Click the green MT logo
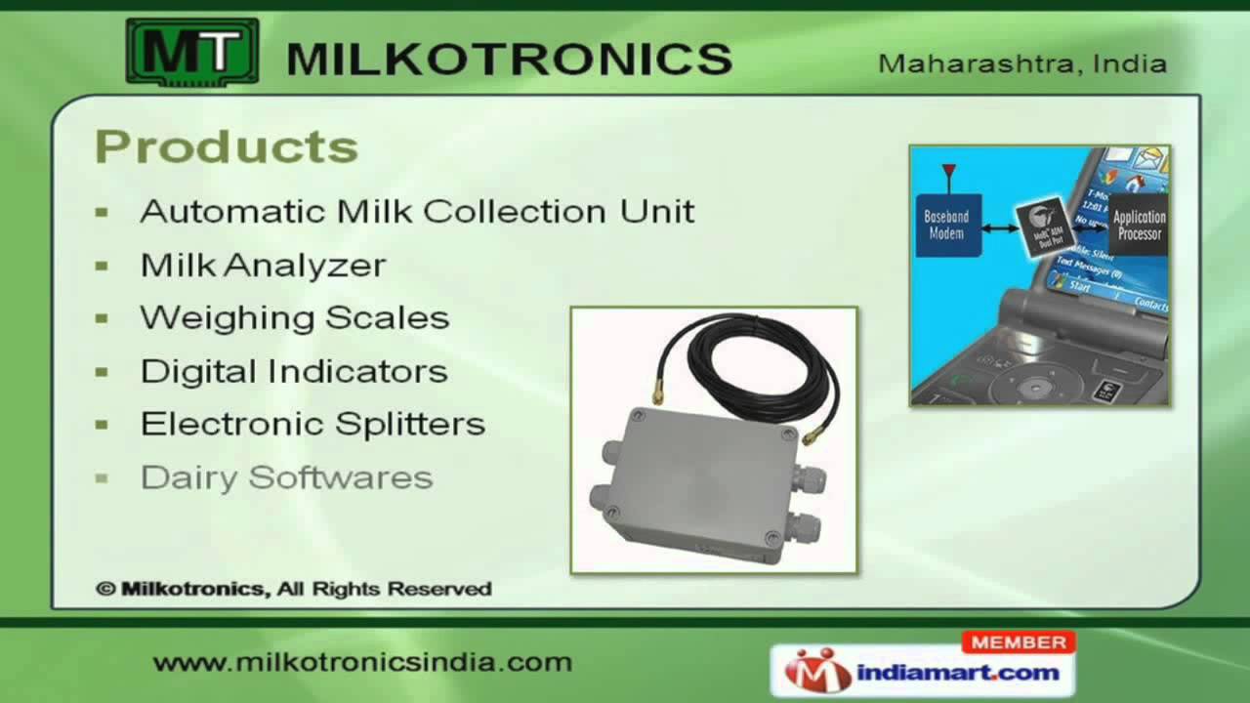tap(192, 52)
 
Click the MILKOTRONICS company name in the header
tap(509, 59)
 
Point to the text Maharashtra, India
tap(1022, 64)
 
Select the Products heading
tap(227, 147)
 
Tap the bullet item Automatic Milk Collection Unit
tap(417, 211)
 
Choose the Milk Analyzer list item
tap(264, 265)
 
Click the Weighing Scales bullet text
tap(295, 317)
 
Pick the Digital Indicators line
tap(294, 371)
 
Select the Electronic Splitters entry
tap(312, 424)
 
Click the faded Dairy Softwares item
tap(286, 477)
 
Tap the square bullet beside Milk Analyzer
tap(103, 266)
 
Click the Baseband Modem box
tap(946, 226)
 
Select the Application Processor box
tap(1139, 226)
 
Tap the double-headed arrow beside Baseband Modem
tap(998, 228)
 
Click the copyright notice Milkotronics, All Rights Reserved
tap(294, 589)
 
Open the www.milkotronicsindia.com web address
tap(362, 662)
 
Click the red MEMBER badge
tap(1019, 641)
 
